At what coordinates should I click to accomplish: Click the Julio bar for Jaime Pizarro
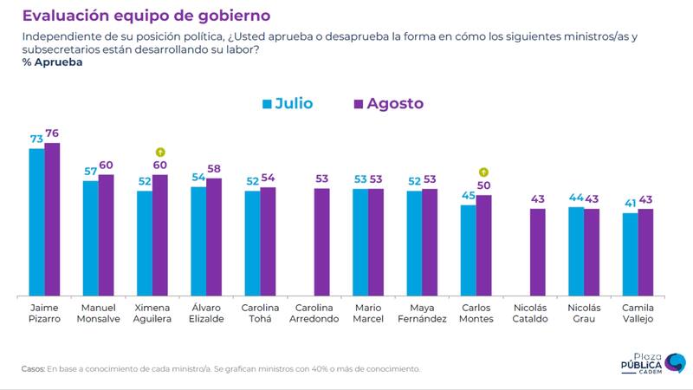click(x=36, y=222)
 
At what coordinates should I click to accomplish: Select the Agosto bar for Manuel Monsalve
click(x=106, y=235)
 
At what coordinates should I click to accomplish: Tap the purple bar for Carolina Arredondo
click(x=321, y=242)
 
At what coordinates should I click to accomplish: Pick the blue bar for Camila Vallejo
click(x=630, y=254)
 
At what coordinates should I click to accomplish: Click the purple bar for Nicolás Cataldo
click(x=537, y=252)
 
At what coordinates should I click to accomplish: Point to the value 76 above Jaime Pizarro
click(x=53, y=133)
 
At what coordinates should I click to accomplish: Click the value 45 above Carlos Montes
click(x=468, y=195)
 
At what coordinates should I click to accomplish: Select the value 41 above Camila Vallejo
click(x=630, y=203)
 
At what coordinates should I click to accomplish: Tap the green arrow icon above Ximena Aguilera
click(x=160, y=153)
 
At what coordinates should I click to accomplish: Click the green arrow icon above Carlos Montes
click(x=483, y=172)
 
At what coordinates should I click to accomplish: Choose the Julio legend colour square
click(x=267, y=104)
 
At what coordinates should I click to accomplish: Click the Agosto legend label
click(x=395, y=104)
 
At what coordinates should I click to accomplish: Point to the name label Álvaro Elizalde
click(x=206, y=313)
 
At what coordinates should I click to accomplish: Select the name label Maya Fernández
click(x=422, y=313)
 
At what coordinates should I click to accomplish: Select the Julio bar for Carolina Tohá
click(x=252, y=244)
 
